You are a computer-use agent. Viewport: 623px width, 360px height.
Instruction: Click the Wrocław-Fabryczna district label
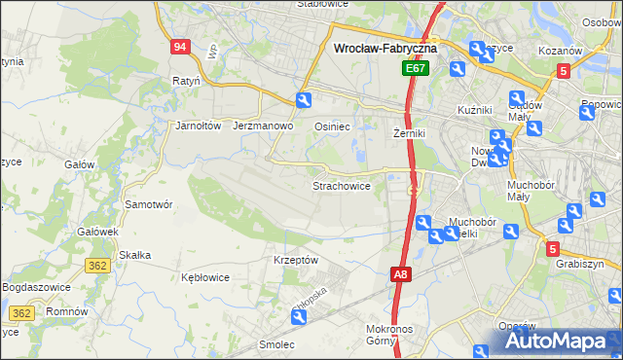coord(385,47)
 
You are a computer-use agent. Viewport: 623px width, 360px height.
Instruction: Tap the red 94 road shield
coord(178,47)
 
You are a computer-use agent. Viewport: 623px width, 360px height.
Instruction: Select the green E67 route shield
coord(416,69)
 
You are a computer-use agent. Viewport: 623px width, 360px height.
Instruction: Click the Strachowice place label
coord(341,185)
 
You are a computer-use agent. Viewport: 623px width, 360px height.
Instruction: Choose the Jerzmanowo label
coord(264,126)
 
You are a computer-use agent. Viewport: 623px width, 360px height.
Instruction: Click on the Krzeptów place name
coord(296,260)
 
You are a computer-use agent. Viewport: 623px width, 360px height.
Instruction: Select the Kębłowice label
coord(205,277)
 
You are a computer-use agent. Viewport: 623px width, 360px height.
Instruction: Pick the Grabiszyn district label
coord(581,264)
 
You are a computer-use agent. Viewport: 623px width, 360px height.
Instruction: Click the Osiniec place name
coord(332,126)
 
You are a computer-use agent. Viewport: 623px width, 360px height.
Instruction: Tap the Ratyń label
coord(186,81)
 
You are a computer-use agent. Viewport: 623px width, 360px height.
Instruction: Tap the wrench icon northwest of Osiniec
coord(304,100)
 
